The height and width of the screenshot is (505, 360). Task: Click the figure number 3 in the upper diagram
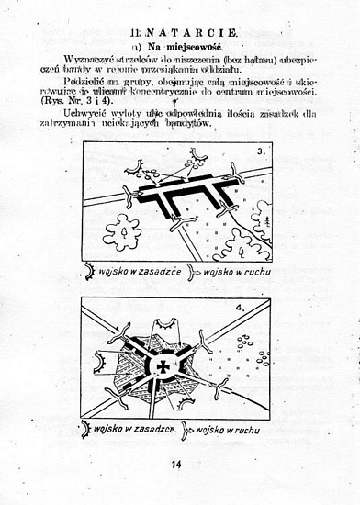pyautogui.click(x=261, y=151)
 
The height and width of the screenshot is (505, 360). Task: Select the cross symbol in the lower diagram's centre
pyautogui.click(x=163, y=365)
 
